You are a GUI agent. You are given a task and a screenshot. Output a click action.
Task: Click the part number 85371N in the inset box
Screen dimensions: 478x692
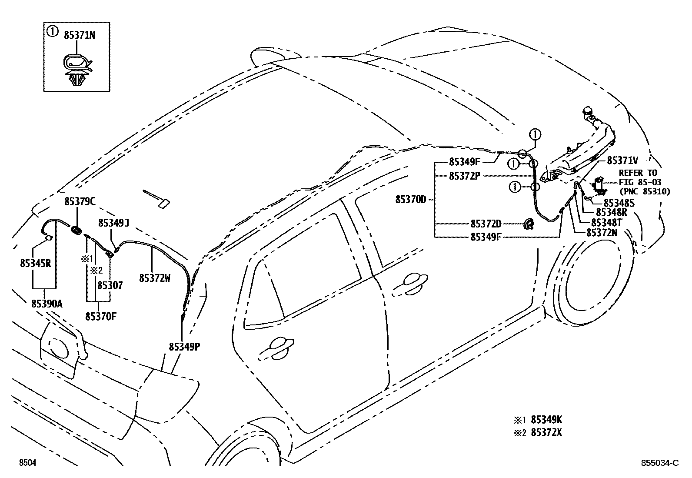[x=79, y=35]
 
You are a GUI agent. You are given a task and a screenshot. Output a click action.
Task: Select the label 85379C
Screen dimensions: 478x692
[x=80, y=201]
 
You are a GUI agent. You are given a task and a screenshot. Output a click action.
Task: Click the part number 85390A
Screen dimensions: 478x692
[x=47, y=304]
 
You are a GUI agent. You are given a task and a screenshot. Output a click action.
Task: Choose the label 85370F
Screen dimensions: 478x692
[x=101, y=316]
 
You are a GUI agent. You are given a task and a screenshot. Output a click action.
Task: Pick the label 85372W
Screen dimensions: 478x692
[x=154, y=277]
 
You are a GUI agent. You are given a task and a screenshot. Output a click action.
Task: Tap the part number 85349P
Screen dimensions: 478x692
[x=184, y=347]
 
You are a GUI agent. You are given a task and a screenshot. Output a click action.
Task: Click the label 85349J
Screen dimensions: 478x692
[x=113, y=223]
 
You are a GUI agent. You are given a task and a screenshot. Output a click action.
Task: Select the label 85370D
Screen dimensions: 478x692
[x=411, y=200]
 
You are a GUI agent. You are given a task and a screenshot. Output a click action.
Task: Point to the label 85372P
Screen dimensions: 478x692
[x=464, y=176]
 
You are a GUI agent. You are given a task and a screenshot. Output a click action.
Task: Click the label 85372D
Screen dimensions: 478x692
[x=486, y=224]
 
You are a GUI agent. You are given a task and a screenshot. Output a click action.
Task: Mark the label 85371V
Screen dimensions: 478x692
[x=622, y=160]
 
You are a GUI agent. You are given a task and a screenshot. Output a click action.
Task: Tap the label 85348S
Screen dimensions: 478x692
[x=619, y=203]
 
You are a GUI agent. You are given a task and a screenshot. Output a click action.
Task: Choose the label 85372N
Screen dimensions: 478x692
[x=602, y=232]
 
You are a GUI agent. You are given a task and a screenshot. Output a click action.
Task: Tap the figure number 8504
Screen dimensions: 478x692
[x=27, y=463]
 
